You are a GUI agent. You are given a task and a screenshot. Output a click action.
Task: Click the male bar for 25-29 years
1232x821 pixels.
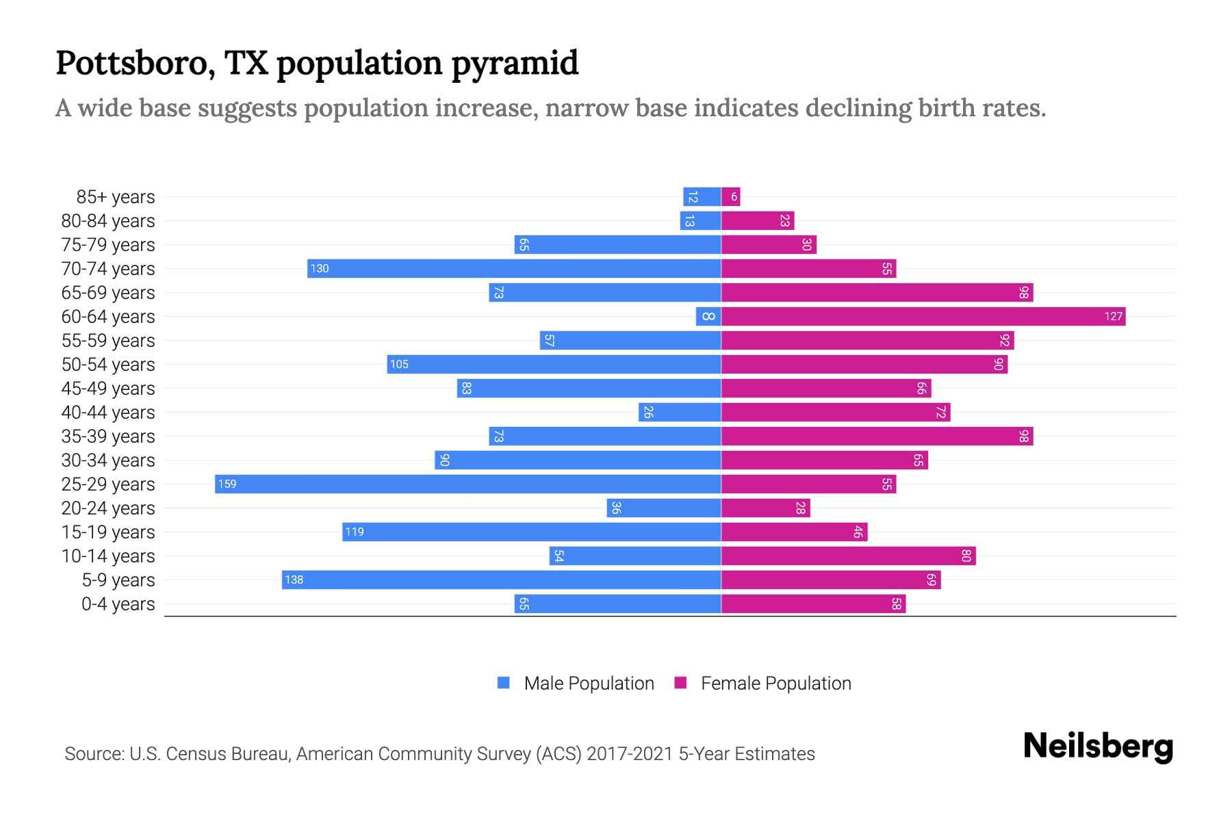click(x=468, y=484)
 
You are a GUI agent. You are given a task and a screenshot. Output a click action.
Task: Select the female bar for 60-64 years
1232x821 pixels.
click(x=923, y=317)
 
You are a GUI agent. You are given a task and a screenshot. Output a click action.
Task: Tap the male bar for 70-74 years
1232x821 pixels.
click(x=514, y=269)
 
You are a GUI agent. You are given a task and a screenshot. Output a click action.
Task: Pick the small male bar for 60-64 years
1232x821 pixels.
click(x=708, y=317)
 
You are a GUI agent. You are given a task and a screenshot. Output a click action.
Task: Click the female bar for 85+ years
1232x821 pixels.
click(x=730, y=197)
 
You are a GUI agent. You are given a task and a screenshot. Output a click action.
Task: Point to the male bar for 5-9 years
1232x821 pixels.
click(x=502, y=580)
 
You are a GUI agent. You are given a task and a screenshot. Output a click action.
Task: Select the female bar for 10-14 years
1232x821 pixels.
click(x=848, y=556)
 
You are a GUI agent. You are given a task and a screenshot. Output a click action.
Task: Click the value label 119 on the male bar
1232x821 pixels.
click(x=355, y=532)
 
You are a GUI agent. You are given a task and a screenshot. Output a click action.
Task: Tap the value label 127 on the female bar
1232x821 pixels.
click(x=1113, y=317)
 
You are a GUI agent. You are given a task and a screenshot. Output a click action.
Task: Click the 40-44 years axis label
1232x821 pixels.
click(x=108, y=413)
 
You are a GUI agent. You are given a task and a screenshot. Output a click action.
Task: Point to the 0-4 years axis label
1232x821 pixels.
click(x=118, y=604)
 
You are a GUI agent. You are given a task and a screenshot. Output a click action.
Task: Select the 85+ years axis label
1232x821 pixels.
click(x=115, y=197)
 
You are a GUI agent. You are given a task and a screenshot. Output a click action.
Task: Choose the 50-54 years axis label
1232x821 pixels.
click(x=108, y=365)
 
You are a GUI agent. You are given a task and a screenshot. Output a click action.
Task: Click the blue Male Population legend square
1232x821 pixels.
click(x=504, y=683)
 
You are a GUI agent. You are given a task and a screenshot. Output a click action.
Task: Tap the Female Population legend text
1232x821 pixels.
click(x=775, y=683)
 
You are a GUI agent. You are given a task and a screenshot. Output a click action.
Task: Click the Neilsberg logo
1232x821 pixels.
click(x=1098, y=746)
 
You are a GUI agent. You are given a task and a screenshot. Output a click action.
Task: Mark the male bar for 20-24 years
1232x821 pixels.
click(x=663, y=508)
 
